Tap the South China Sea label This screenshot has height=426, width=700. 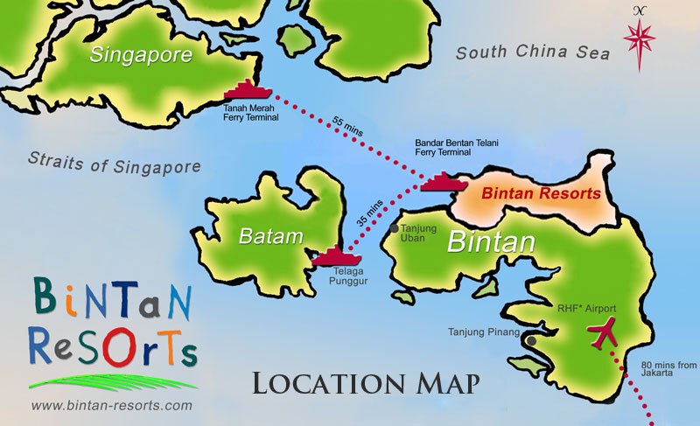click(x=532, y=53)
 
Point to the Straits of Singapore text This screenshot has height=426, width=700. click(x=114, y=163)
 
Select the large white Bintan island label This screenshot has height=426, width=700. click(x=490, y=241)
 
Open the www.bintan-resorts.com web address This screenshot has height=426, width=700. click(x=110, y=406)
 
